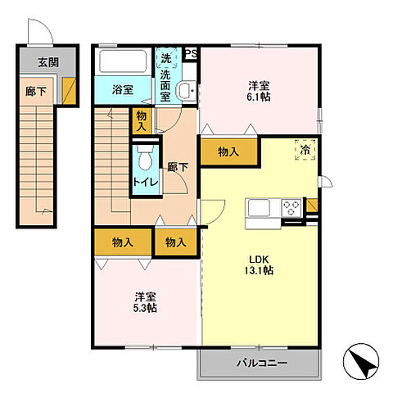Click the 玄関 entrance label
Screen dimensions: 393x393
coord(48,62)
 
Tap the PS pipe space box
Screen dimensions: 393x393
coord(191,53)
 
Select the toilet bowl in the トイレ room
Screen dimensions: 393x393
coord(145,158)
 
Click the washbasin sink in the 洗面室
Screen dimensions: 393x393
coord(187,90)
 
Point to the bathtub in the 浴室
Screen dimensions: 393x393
coord(123,61)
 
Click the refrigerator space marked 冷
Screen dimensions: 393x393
coord(305,150)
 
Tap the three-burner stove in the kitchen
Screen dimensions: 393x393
coord(291,208)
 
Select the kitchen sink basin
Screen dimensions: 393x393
coord(259,208)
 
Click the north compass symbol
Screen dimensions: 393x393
coord(361,361)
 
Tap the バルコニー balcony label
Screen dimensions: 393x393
coord(262,363)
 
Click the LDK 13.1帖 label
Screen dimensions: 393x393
coord(259,264)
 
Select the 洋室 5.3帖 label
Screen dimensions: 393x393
coord(145,302)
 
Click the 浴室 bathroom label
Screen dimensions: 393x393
coord(123,90)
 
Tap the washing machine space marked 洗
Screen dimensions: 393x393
coord(165,58)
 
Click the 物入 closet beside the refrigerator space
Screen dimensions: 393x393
coord(228,151)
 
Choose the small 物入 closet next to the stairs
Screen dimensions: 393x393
coord(142,121)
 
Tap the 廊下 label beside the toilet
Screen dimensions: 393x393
coord(178,167)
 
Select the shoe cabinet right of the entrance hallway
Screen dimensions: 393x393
coord(69,91)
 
